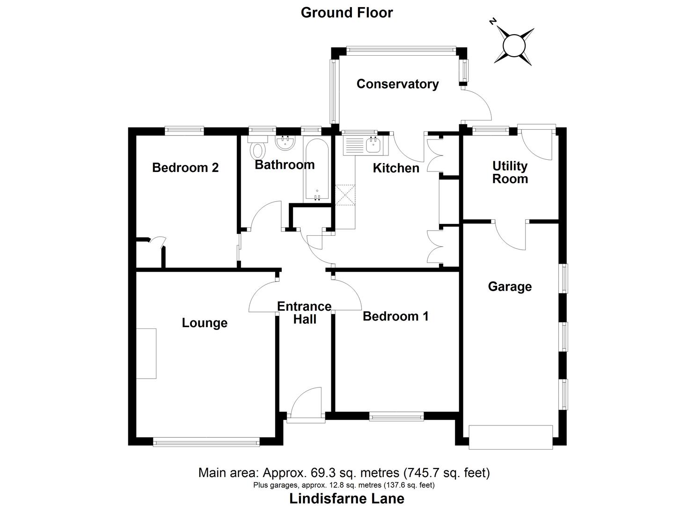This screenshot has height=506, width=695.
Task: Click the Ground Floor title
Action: [x=346, y=13]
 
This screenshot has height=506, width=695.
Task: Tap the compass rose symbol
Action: [x=513, y=45]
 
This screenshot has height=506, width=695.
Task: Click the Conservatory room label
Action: [x=397, y=84]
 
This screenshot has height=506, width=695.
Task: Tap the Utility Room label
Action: [x=510, y=172]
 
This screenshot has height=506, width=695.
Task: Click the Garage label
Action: [x=510, y=286]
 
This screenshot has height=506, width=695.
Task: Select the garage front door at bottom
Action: [x=511, y=437]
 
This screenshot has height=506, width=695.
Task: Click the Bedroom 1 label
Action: [x=395, y=316]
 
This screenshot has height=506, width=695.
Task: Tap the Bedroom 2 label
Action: [x=185, y=167]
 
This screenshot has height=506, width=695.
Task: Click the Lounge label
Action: [x=205, y=323]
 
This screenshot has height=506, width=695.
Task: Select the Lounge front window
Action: [x=206, y=441]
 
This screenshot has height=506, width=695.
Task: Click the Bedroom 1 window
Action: [x=396, y=416]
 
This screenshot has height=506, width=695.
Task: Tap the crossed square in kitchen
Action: [x=345, y=195]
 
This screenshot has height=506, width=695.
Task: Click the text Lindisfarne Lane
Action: [x=347, y=498]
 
